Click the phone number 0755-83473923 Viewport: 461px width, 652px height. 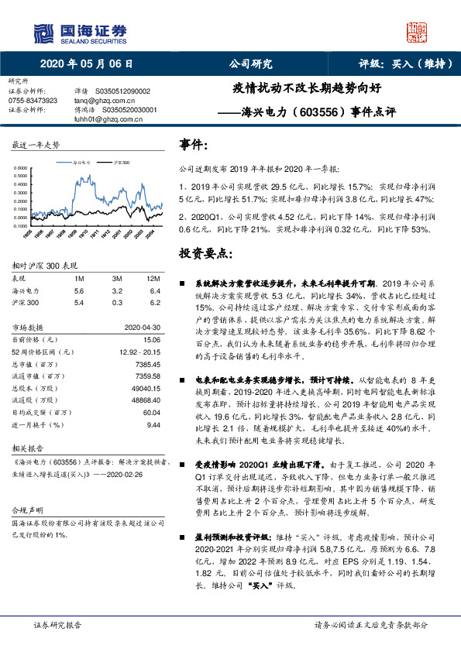33,101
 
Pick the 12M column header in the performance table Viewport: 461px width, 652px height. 153,278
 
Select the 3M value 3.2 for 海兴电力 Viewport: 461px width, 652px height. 117,290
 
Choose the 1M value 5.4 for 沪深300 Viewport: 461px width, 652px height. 78,303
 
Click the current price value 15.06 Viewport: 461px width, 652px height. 152,338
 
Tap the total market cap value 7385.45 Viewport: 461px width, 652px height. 148,363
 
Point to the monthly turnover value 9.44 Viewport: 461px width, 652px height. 153,425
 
